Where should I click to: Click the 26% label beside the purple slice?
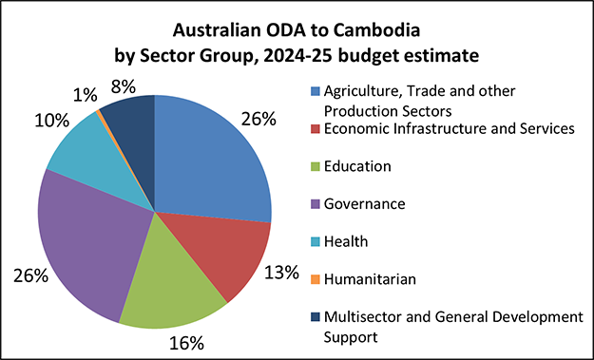click(31, 275)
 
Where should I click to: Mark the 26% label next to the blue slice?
click(258, 119)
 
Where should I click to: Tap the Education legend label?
click(357, 166)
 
